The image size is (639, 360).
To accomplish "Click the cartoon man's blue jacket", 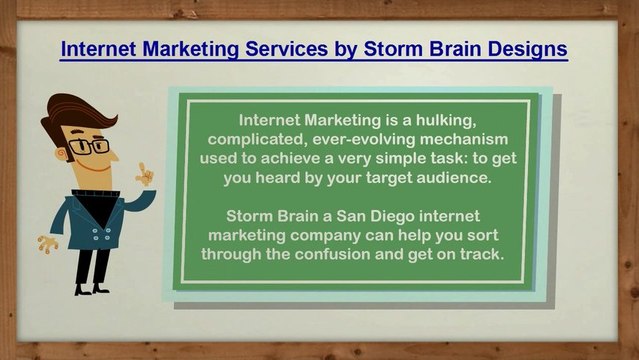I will pyautogui.click(x=96, y=215).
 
